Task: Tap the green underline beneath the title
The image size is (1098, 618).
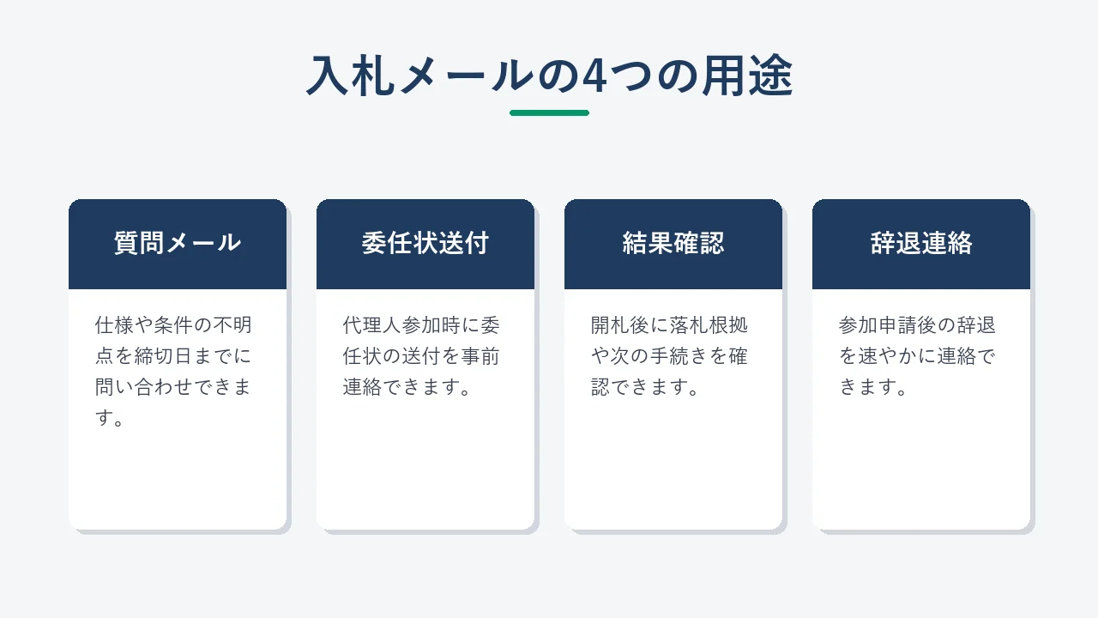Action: click(x=549, y=112)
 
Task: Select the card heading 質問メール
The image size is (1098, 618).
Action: click(x=178, y=243)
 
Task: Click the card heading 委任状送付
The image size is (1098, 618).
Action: click(x=425, y=243)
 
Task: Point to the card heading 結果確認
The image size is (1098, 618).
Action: click(x=673, y=243)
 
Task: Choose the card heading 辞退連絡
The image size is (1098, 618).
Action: click(x=921, y=243)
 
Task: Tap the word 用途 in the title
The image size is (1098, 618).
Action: click(x=747, y=76)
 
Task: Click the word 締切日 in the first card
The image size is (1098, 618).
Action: click(x=163, y=356)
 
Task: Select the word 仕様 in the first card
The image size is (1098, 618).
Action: click(x=114, y=324)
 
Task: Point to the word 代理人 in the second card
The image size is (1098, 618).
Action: click(x=371, y=324)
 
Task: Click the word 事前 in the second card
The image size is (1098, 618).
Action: click(x=480, y=356)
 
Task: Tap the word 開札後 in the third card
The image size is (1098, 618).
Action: click(x=619, y=324)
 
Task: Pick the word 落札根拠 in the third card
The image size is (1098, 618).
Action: click(x=709, y=324)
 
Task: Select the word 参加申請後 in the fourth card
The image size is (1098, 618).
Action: click(x=887, y=324)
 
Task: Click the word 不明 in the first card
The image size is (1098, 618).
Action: click(x=232, y=324)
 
